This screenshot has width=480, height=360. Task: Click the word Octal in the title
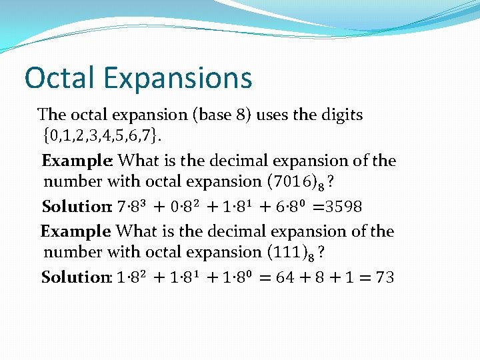(57, 78)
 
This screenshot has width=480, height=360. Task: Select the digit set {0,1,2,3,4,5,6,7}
(101, 137)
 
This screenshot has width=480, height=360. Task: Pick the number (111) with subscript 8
(287, 253)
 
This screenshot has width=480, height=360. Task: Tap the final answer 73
(385, 277)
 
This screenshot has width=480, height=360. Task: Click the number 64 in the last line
(285, 277)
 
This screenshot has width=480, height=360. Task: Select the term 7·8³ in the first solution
(132, 206)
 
